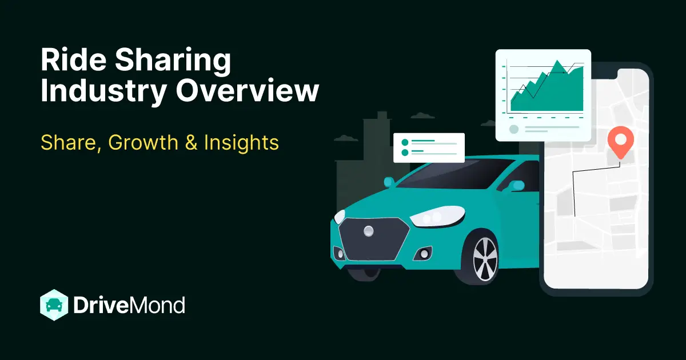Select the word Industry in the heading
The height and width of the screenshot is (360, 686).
[102, 91]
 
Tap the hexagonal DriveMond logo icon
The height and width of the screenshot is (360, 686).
[54, 305]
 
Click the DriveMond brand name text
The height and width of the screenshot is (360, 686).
[129, 305]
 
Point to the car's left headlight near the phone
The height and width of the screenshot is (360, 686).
[432, 217]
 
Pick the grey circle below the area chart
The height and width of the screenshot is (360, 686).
[514, 129]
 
